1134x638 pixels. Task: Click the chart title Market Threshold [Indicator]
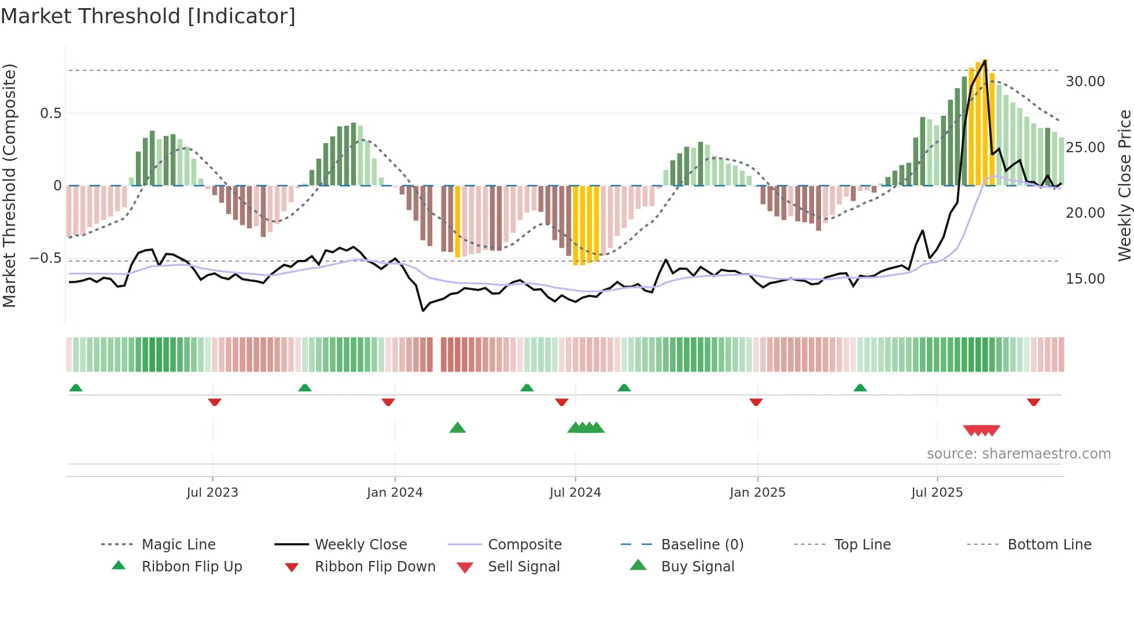coord(148,16)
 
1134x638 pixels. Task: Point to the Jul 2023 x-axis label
coord(212,493)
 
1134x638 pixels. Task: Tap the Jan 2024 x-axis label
coord(395,493)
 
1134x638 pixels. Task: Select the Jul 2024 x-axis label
coord(575,493)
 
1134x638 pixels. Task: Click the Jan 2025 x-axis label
coord(757,493)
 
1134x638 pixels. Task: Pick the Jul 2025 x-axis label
coord(937,493)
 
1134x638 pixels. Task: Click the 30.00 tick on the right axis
coord(1085,82)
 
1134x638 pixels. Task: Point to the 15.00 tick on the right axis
coord(1085,279)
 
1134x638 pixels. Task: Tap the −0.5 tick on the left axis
coord(45,258)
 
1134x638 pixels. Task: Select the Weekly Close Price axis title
coord(1124,185)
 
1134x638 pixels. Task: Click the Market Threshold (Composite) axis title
coord(9,185)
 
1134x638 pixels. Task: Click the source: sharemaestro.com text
coord(1018,454)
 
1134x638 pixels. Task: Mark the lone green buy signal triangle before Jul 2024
coord(458,428)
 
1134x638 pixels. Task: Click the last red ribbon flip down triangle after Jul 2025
coord(1033,402)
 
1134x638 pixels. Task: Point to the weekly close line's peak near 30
coord(985,61)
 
